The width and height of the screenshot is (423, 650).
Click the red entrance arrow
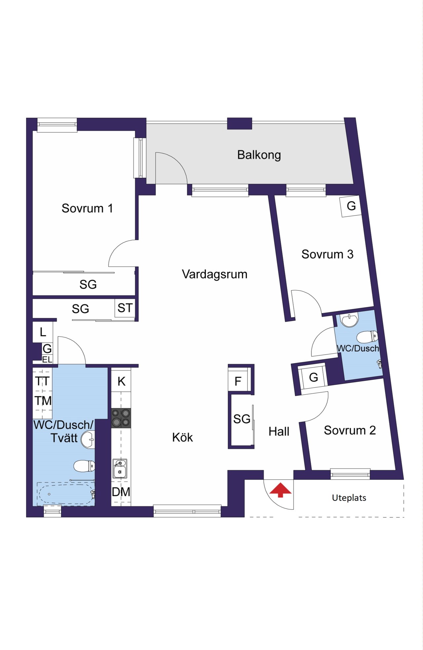click(280, 490)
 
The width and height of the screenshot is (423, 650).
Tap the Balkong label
click(259, 155)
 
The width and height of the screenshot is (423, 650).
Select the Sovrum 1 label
click(87, 208)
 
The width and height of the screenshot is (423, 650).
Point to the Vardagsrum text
click(214, 274)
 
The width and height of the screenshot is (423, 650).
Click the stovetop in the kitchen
click(121, 418)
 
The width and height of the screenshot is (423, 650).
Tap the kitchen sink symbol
click(120, 468)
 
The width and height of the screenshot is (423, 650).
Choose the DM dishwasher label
click(121, 492)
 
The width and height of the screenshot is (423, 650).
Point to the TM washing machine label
click(43, 401)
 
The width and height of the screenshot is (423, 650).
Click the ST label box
click(125, 308)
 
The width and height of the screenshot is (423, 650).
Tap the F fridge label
click(238, 381)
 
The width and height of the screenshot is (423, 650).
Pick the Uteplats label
click(349, 498)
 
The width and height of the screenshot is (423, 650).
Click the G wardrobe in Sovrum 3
click(351, 206)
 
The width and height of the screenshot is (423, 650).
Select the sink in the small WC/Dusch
click(349, 320)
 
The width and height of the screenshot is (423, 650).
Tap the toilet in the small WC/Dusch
click(367, 337)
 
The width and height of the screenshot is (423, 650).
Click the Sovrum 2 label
click(350, 430)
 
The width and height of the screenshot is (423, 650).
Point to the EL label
click(47, 360)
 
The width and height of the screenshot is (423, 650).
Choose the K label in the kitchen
click(121, 381)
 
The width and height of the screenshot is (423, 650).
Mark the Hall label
click(279, 431)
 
